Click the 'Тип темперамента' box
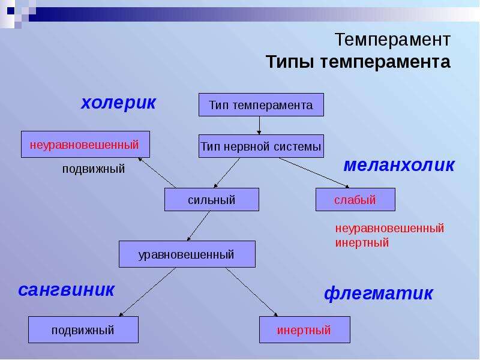pyautogui.click(x=261, y=104)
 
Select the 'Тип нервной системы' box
pyautogui.click(x=261, y=146)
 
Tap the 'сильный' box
pyautogui.click(x=212, y=200)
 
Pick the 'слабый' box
pyautogui.click(x=355, y=200)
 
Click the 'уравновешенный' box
pyautogui.click(x=187, y=254)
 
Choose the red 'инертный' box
pyautogui.click(x=305, y=329)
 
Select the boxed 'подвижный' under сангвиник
pyautogui.click(x=83, y=329)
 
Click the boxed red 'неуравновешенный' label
pyautogui.click(x=85, y=144)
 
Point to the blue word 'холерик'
pyautogui.click(x=118, y=103)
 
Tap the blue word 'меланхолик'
pyautogui.click(x=399, y=165)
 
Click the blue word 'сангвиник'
pyautogui.click(x=66, y=290)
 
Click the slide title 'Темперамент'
pyautogui.click(x=393, y=40)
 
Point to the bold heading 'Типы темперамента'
pyautogui.click(x=358, y=62)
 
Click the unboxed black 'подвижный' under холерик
pyautogui.click(x=94, y=169)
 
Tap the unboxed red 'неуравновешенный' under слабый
pyautogui.click(x=389, y=228)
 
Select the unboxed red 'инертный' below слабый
pyautogui.click(x=362, y=242)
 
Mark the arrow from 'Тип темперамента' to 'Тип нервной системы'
pyautogui.click(x=259, y=125)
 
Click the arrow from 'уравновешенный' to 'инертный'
pyautogui.click(x=251, y=292)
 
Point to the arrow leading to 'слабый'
pyautogui.click(x=314, y=173)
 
